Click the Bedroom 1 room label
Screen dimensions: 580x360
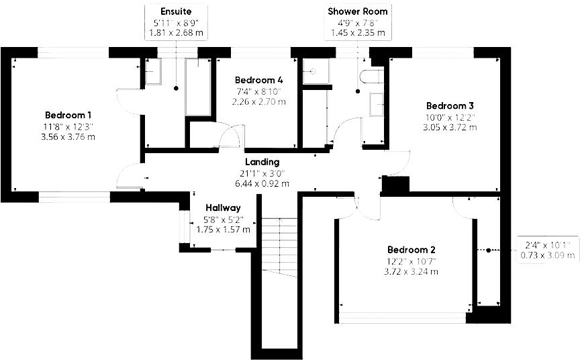(68, 114)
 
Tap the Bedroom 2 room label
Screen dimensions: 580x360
(413, 249)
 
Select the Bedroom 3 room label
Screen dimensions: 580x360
(450, 105)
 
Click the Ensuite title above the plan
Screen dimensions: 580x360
(176, 11)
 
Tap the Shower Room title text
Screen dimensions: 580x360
(357, 11)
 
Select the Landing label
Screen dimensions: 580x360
(262, 162)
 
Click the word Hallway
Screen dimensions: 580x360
(223, 208)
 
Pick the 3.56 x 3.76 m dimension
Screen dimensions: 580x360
(68, 137)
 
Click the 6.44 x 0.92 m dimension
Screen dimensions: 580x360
(262, 183)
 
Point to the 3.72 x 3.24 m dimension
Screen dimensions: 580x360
(413, 271)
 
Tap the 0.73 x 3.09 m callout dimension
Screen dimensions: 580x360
(547, 255)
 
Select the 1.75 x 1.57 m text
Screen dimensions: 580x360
(223, 229)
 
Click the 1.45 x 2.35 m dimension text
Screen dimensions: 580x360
(357, 32)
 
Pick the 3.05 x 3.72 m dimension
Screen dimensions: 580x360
(450, 127)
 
